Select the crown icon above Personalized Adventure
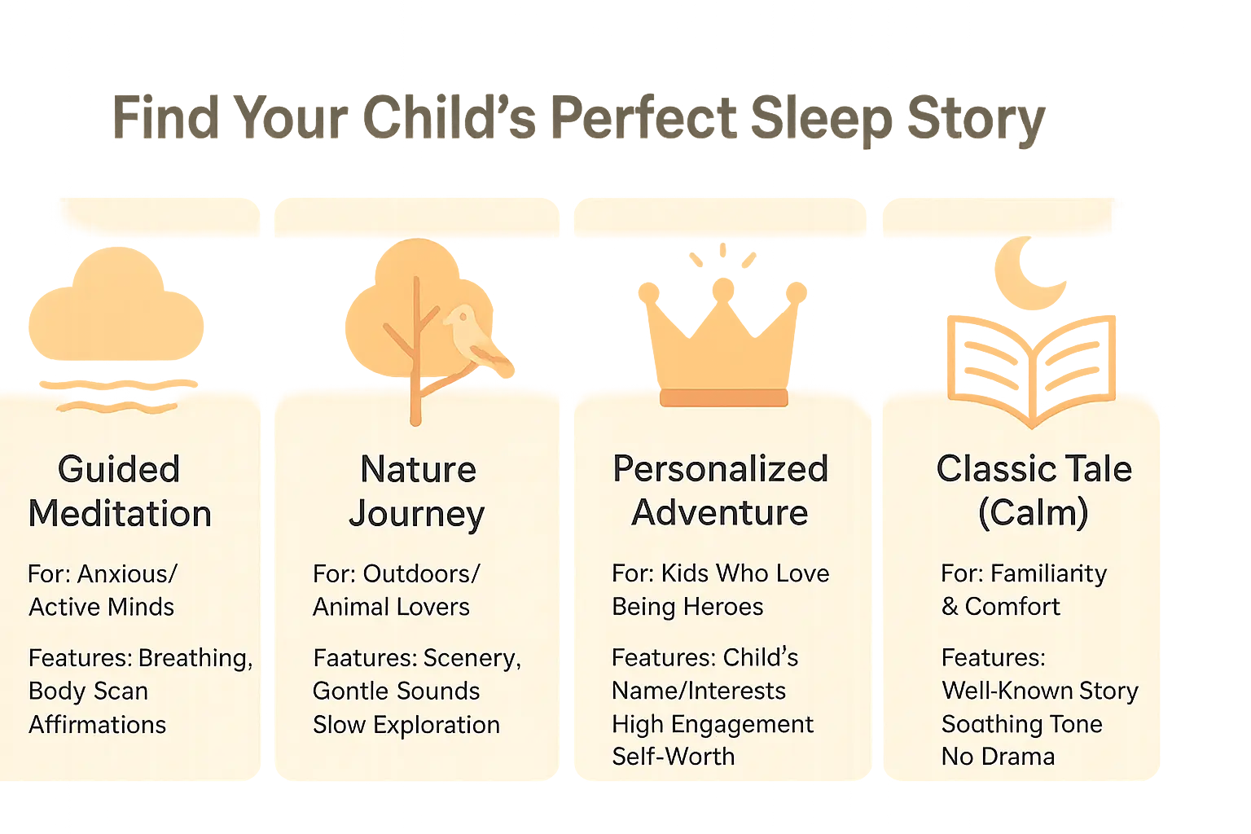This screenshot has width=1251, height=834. (x=723, y=334)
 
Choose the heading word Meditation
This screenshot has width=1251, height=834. (x=120, y=514)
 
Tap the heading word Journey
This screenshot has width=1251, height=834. (x=416, y=514)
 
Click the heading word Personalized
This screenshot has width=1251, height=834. (x=720, y=469)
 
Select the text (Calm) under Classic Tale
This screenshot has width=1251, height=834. (x=1033, y=513)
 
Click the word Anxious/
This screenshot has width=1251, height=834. (x=127, y=574)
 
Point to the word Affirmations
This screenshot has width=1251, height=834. (x=98, y=725)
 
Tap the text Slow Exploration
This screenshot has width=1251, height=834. (x=406, y=725)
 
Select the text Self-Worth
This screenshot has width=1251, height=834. (x=673, y=757)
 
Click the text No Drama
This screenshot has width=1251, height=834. (x=998, y=757)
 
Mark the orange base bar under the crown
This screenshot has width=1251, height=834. (x=723, y=397)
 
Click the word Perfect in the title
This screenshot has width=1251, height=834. (x=643, y=119)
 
